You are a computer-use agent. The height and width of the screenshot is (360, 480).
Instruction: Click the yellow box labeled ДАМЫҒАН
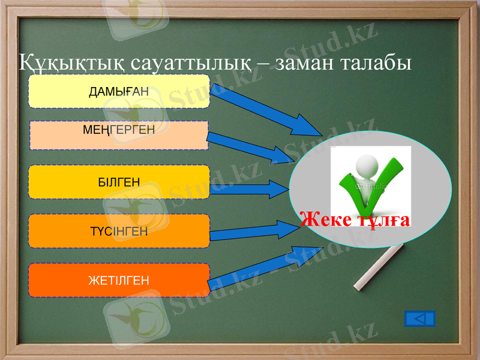pyautogui.click(x=119, y=91)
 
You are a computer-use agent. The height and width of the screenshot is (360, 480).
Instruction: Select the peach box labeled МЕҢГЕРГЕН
pyautogui.click(x=119, y=135)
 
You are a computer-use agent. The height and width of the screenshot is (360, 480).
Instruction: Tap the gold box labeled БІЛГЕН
pyautogui.click(x=119, y=182)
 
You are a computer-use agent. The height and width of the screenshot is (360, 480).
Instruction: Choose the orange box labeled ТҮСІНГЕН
pyautogui.click(x=119, y=231)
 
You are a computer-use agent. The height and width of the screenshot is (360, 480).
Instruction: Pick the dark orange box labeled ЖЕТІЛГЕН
pyautogui.click(x=119, y=280)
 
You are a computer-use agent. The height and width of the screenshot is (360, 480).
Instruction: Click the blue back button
pyautogui.click(x=420, y=319)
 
